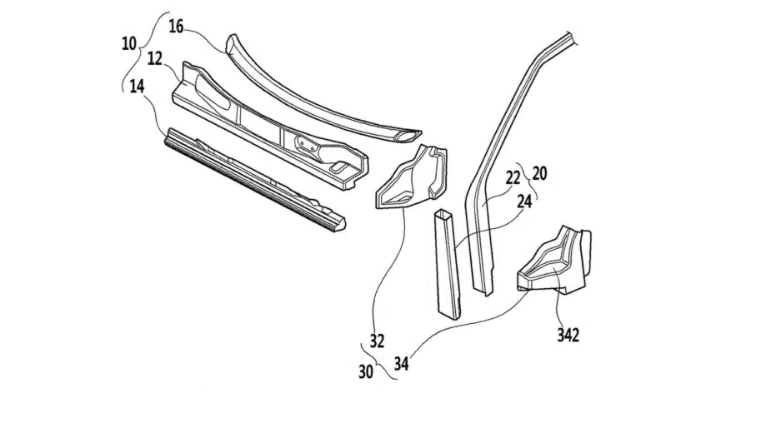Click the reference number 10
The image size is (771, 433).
[129, 44]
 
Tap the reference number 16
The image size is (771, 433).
[176, 27]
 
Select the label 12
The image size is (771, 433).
[155, 59]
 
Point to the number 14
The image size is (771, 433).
[137, 87]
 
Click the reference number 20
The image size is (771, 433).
[539, 173]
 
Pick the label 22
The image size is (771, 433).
[513, 178]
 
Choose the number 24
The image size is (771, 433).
[524, 201]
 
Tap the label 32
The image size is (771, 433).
[377, 341]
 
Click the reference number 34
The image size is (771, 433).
[401, 364]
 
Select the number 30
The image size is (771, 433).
[365, 372]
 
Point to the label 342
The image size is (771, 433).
[568, 336]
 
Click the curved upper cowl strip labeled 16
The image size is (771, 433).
[315, 101]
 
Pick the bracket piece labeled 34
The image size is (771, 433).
[554, 261]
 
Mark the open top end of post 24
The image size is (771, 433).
[443, 214]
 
